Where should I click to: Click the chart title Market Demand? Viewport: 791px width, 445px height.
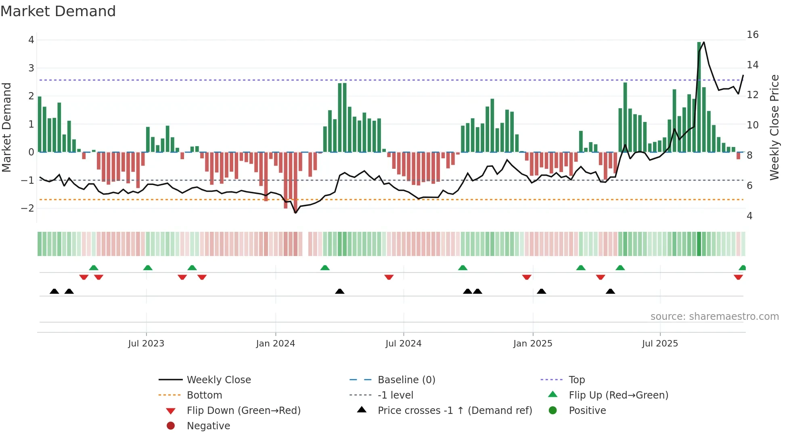58,11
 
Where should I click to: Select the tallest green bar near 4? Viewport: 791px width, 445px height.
699,97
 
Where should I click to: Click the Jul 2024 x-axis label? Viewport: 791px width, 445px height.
403,344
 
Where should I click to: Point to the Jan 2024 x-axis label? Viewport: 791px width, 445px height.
275,344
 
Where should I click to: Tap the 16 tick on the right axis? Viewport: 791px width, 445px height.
752,35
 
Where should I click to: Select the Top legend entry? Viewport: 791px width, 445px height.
577,380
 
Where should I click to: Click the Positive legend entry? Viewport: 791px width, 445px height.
587,411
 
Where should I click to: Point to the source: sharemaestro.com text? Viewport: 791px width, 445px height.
714,317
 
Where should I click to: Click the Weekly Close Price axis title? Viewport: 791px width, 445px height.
774,127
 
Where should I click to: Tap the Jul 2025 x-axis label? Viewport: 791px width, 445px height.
660,344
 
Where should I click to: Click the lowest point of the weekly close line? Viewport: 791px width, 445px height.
295,213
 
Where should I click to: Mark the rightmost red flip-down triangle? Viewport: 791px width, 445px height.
738,277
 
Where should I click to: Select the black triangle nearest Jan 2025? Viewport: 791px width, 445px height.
542,291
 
